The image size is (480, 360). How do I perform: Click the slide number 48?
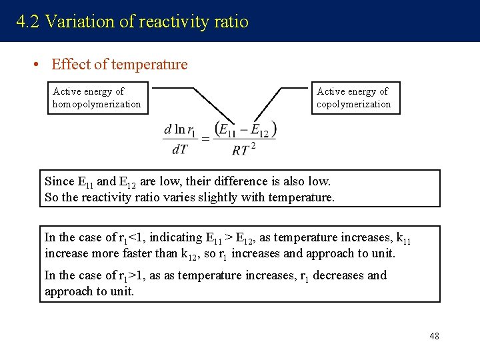click(434, 336)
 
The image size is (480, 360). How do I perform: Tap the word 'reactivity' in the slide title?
click(173, 22)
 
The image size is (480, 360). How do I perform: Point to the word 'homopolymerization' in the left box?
click(97, 104)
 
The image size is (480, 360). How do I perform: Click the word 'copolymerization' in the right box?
click(353, 104)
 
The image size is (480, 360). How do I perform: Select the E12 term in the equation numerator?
click(259, 130)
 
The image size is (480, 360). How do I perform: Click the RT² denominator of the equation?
click(244, 150)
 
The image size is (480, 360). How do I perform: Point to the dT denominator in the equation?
click(179, 150)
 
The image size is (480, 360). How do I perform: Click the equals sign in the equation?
click(205, 139)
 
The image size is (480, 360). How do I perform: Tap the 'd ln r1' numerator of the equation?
click(179, 129)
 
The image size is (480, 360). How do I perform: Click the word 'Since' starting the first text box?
click(59, 181)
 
